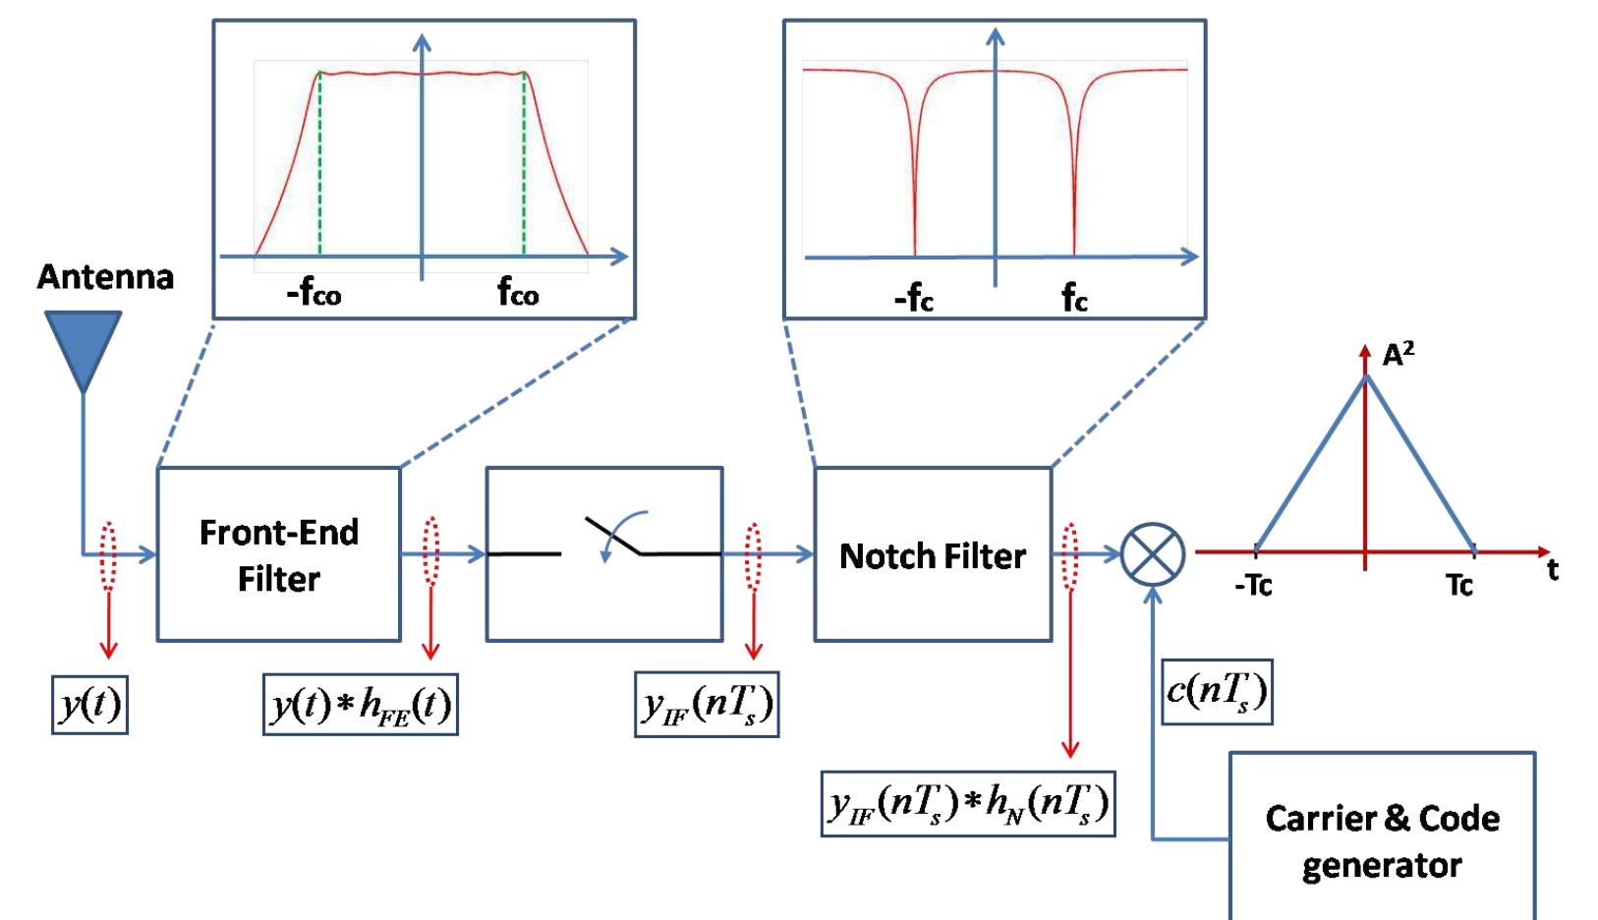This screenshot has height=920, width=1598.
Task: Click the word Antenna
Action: pyautogui.click(x=105, y=278)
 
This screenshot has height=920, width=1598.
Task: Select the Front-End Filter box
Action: pyautogui.click(x=279, y=555)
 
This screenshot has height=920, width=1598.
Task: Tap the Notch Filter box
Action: pyautogui.click(x=932, y=556)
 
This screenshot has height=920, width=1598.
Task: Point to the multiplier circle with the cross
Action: pyautogui.click(x=1153, y=554)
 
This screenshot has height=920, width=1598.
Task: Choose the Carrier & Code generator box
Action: pyautogui.click(x=1382, y=841)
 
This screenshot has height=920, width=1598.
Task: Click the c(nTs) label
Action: pyautogui.click(x=1217, y=693)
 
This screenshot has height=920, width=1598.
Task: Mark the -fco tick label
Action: pyautogui.click(x=314, y=294)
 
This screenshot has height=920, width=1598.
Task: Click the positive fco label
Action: pyautogui.click(x=517, y=294)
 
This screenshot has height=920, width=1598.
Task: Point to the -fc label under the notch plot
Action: pyautogui.click(x=913, y=299)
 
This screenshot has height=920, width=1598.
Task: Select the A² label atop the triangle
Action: pyautogui.click(x=1398, y=355)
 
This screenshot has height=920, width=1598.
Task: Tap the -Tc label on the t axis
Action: pyautogui.click(x=1253, y=587)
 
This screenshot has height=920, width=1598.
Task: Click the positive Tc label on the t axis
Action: pyautogui.click(x=1459, y=587)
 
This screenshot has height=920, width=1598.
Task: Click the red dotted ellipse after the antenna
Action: pyautogui.click(x=108, y=555)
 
